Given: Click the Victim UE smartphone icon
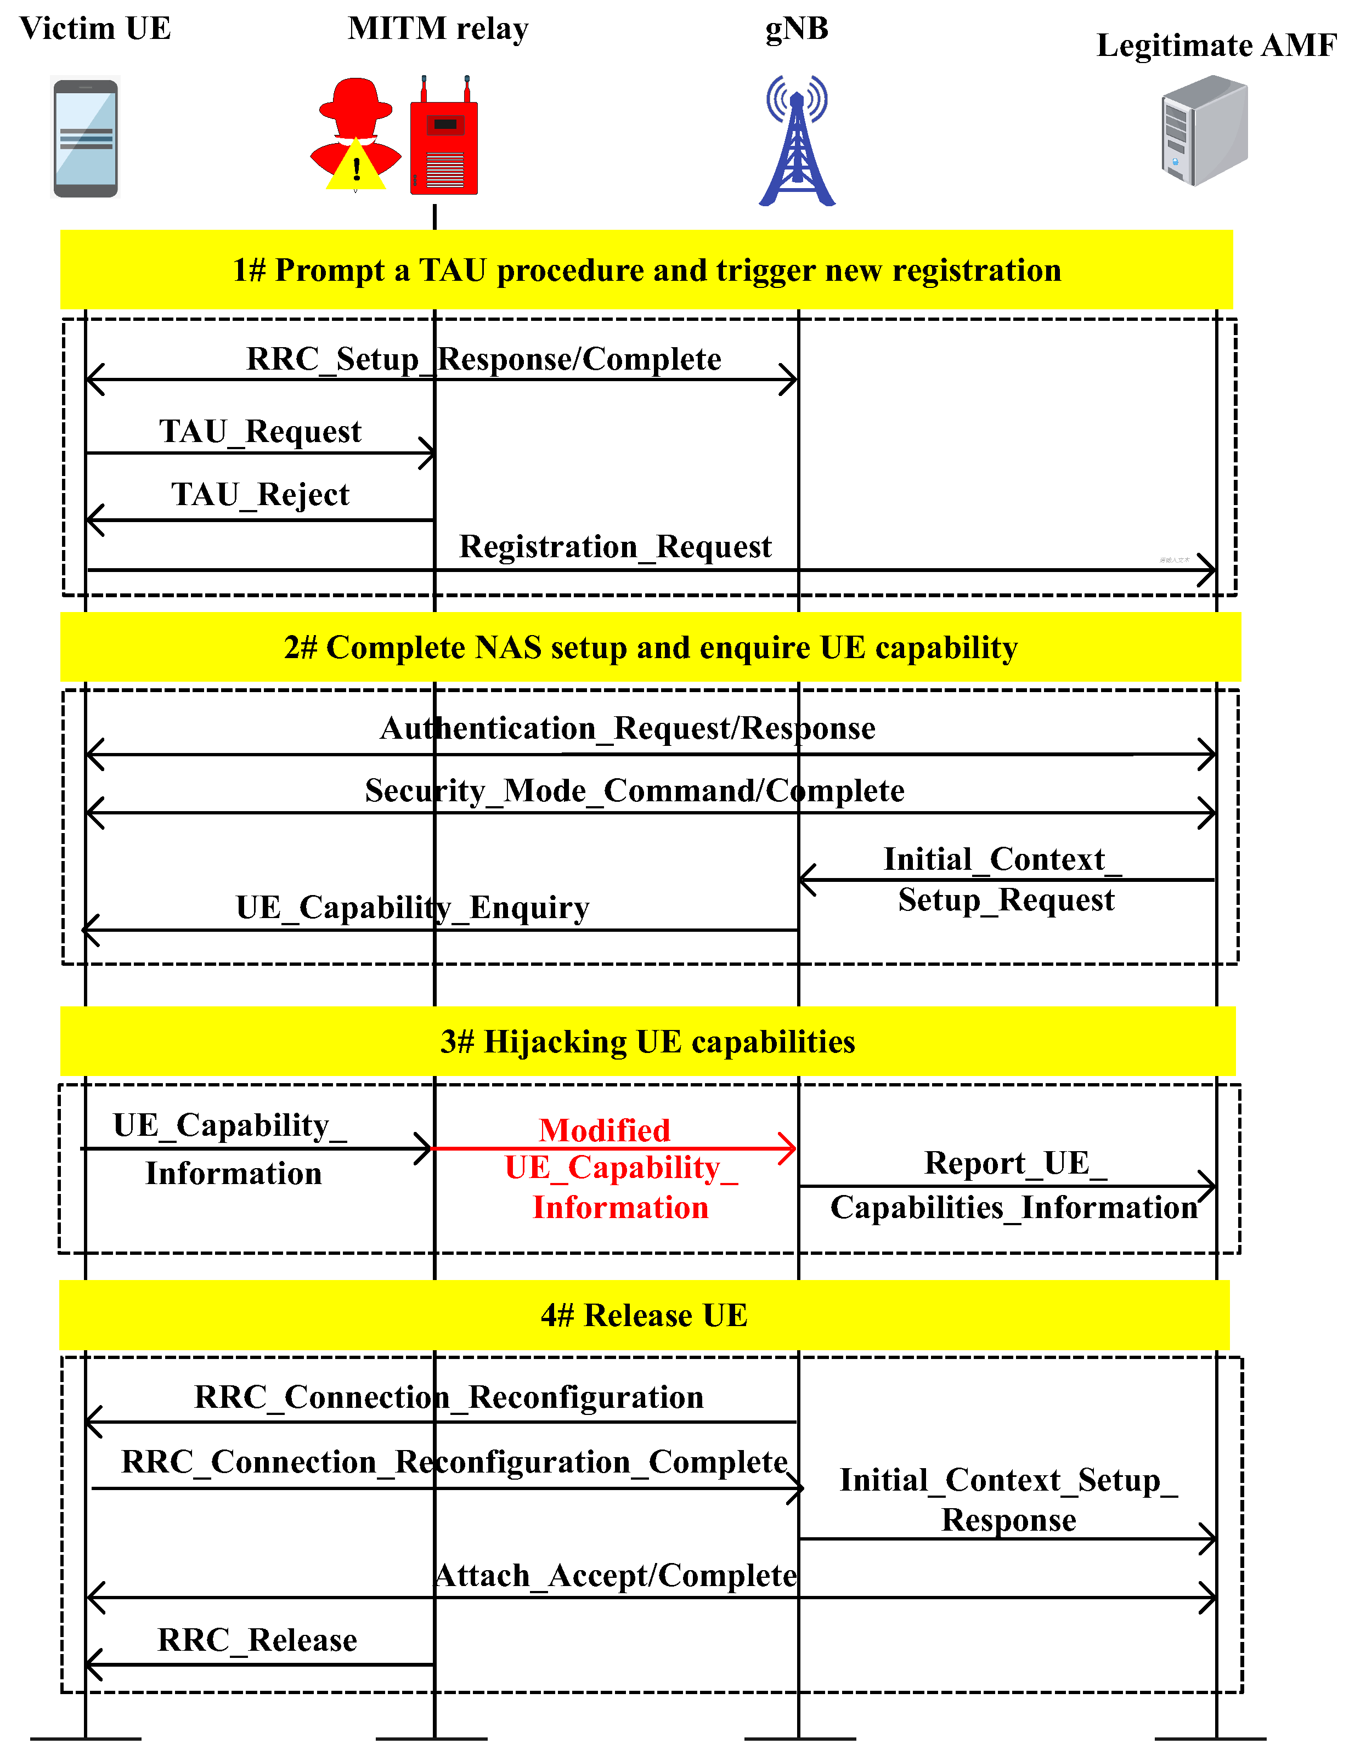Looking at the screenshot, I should pyautogui.click(x=85, y=137).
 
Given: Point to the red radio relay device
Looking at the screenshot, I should pyautogui.click(x=444, y=140).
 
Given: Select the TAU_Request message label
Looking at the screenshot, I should pyautogui.click(x=260, y=432).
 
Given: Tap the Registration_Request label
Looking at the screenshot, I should pyautogui.click(x=615, y=547).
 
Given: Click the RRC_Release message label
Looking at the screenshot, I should pyautogui.click(x=257, y=1640).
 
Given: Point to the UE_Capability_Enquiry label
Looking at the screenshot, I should pyautogui.click(x=412, y=908).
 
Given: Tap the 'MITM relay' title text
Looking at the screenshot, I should pyautogui.click(x=438, y=29).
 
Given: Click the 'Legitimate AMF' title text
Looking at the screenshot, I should pyautogui.click(x=1216, y=46).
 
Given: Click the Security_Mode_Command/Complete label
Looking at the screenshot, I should pyautogui.click(x=634, y=791).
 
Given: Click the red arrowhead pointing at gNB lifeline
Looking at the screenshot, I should pyautogui.click(x=788, y=1148).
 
